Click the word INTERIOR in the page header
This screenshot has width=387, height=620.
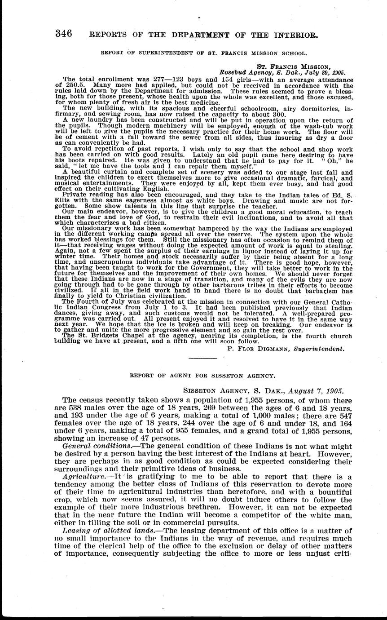pyautogui.click(x=288, y=34)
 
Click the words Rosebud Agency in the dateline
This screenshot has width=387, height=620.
pyautogui.click(x=242, y=72)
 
